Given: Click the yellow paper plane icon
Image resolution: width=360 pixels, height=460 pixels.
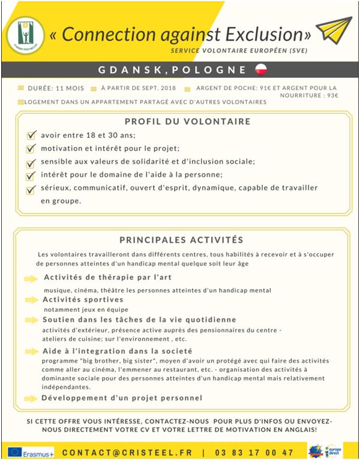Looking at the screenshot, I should coord(332,31).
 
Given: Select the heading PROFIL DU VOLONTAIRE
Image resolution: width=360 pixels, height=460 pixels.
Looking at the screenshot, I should coord(184,121).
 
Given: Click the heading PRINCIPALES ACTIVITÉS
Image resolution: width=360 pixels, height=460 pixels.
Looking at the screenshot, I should coord(181,239).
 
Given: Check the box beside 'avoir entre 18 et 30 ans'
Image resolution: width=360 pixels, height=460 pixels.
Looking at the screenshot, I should coord(31,136).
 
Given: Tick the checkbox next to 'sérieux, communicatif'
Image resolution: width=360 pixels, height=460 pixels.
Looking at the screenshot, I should coord(31,189).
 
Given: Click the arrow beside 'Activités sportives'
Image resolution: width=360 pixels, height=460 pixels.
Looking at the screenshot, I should coord(31,299).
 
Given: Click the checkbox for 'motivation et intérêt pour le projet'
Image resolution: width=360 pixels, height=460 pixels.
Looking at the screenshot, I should coord(31,149).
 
